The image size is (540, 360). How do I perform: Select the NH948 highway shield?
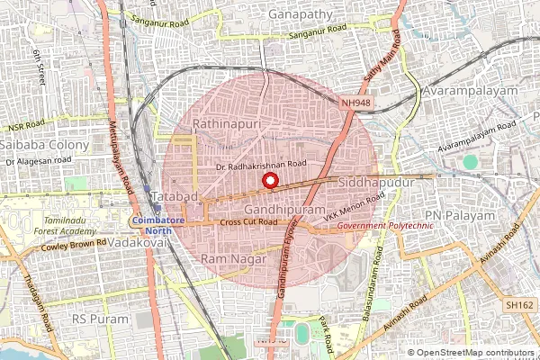(x=355, y=103)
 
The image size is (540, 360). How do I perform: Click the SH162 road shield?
(x=519, y=306)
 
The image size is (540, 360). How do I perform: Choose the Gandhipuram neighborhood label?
(x=276, y=207)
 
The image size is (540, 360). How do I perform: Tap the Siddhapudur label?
(x=375, y=182)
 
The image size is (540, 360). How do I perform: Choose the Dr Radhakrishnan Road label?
(x=261, y=165)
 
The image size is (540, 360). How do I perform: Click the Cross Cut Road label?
(x=248, y=221)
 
